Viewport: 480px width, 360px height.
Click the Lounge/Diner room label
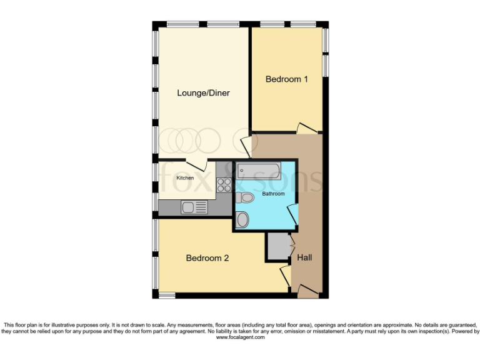click(203, 93)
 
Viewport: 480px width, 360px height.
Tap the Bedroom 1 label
click(287, 79)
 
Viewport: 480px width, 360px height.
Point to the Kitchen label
click(184, 178)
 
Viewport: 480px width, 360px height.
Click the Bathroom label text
click(273, 194)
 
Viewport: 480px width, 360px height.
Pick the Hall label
click(304, 257)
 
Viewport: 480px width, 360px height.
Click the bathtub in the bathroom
click(257, 171)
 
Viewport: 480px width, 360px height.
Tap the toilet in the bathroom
click(245, 198)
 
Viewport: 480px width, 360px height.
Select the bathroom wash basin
click(242, 219)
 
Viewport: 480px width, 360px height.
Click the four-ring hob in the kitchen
click(224, 184)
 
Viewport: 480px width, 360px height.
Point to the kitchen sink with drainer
click(194, 207)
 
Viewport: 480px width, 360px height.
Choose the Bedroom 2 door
click(284, 274)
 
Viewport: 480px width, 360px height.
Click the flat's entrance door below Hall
click(306, 289)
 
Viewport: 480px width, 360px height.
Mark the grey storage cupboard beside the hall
click(276, 246)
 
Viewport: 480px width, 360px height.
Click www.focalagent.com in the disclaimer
click(241, 337)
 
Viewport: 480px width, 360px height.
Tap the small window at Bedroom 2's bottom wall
click(166, 294)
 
